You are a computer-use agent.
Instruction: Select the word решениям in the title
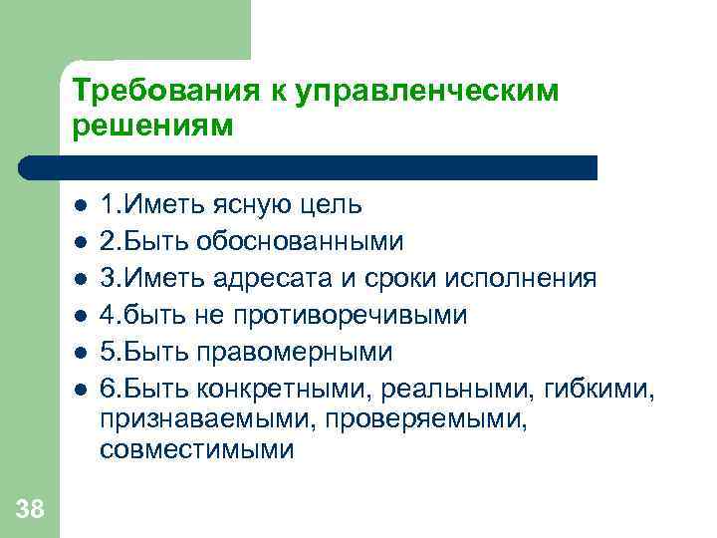pyautogui.click(x=152, y=128)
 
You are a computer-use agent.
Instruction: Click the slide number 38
pyautogui.click(x=30, y=510)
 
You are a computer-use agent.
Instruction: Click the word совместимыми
pyautogui.click(x=196, y=450)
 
